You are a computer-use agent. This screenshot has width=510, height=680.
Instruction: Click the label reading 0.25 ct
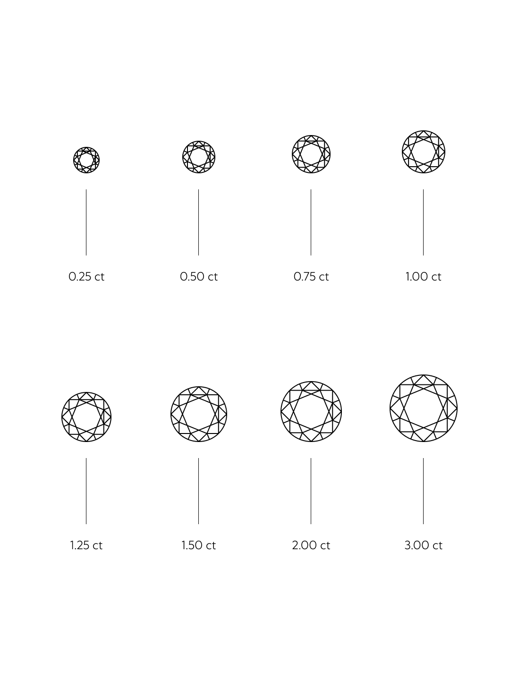(x=86, y=277)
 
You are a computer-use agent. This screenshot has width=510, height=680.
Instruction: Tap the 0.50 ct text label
(x=199, y=277)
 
